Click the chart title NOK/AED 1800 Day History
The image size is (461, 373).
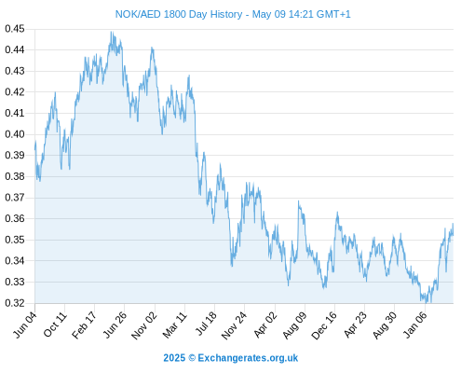[179, 14]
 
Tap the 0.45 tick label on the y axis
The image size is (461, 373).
[15, 29]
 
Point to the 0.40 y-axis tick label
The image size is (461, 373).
[15, 134]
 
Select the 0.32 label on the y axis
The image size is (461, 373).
[15, 303]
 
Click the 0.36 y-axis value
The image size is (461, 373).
[15, 218]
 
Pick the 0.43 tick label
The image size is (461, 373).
[15, 71]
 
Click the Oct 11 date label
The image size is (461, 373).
[55, 325]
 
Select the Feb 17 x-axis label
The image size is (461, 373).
[85, 325]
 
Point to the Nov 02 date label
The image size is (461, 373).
[144, 325]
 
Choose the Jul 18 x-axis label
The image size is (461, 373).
[206, 324]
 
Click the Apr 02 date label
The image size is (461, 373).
[265, 325]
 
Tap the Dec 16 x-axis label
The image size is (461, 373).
[324, 325]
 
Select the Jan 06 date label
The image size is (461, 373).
[415, 325]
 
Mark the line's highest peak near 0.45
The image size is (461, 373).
[112, 32]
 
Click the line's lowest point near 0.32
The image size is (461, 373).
[427, 302]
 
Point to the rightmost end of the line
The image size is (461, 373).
[453, 235]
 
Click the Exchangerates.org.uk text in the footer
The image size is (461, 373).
[248, 358]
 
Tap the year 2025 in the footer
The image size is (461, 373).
[174, 358]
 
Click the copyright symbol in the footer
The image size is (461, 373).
[192, 358]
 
